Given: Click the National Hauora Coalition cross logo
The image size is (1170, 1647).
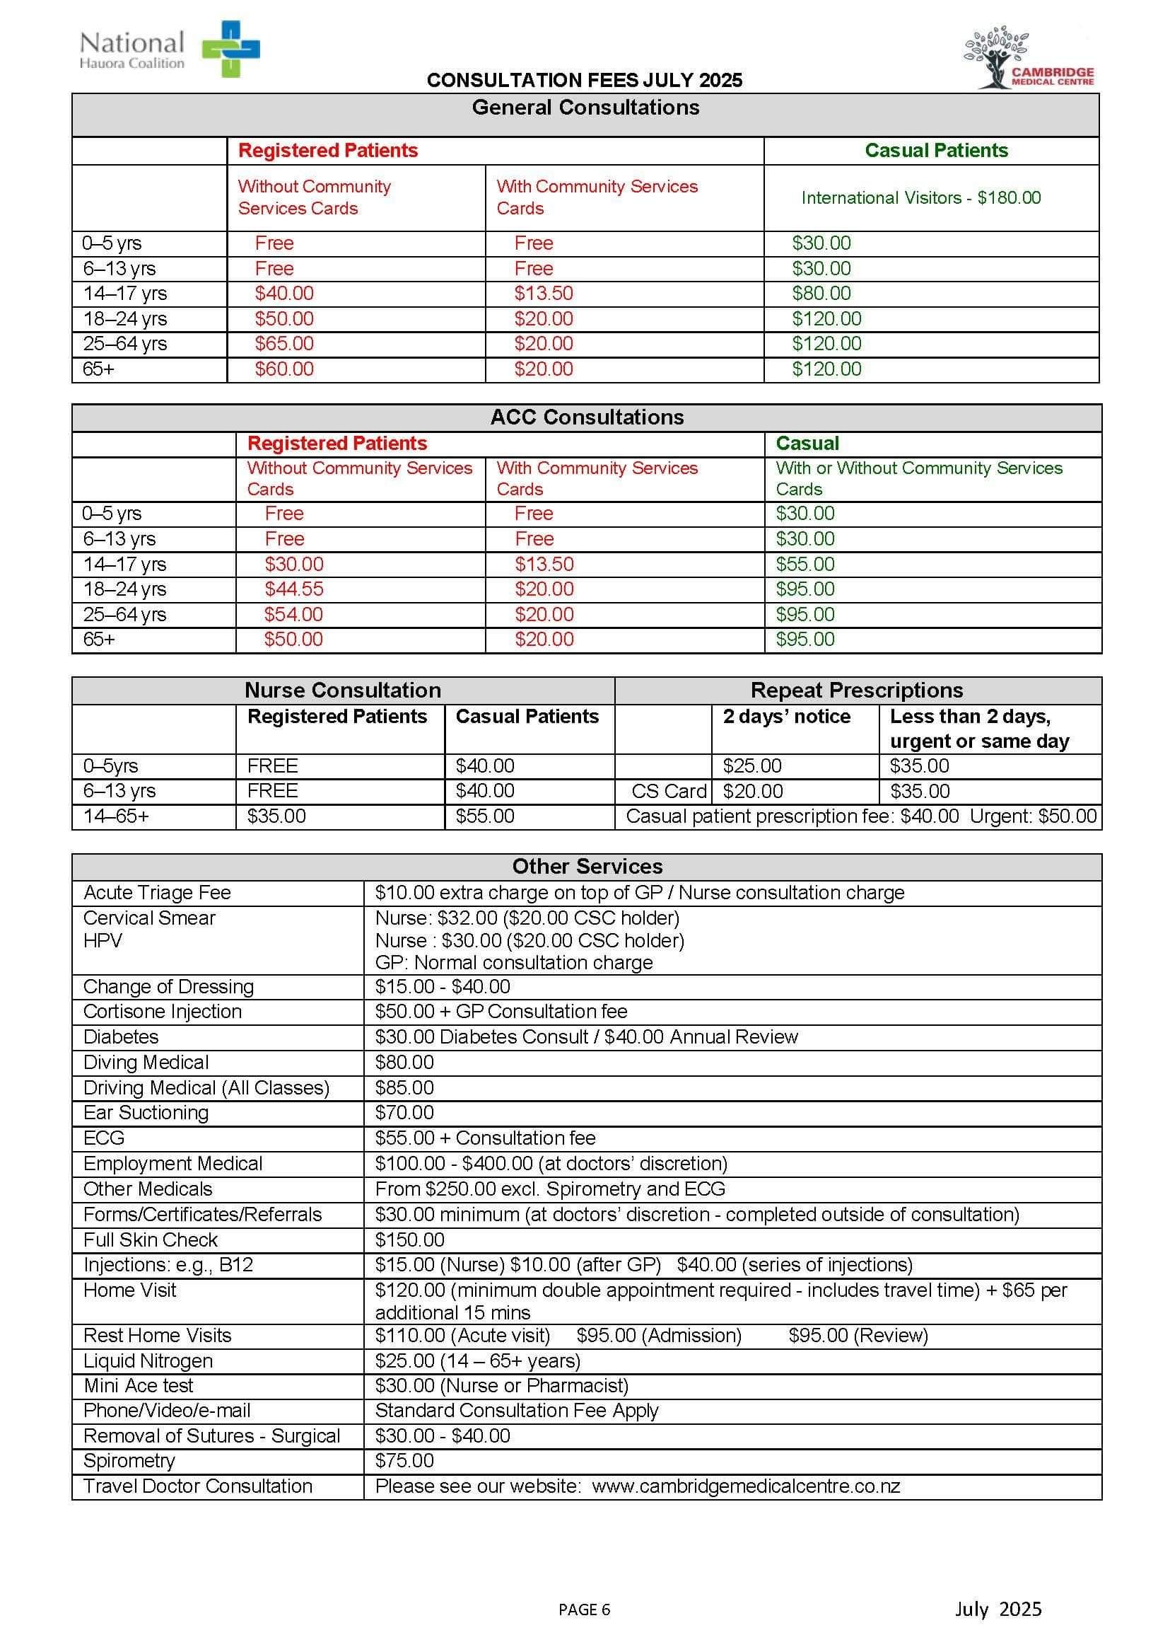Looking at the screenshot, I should [x=230, y=48].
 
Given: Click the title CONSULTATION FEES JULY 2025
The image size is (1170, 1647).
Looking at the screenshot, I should [x=584, y=80].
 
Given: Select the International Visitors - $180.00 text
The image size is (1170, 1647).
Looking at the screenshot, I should [x=920, y=197].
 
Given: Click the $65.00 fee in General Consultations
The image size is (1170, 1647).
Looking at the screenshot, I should [x=284, y=343].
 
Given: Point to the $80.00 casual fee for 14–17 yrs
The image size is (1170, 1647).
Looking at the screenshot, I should [x=821, y=294].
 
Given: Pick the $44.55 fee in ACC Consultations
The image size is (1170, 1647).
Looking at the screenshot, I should [x=294, y=589].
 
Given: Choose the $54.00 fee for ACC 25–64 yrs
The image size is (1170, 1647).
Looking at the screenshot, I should [x=293, y=614].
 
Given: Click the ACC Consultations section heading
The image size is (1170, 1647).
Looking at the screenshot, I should [x=587, y=417].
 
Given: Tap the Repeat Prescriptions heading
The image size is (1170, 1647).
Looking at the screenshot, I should [x=857, y=690].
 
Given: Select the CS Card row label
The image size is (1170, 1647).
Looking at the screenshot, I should [x=668, y=791].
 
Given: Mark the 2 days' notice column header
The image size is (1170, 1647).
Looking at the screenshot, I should [x=786, y=717].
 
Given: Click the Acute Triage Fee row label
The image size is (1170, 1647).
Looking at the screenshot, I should [x=157, y=892].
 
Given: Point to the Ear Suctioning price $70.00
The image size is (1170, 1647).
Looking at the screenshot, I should [x=404, y=1112].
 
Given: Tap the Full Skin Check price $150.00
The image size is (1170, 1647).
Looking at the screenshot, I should [x=409, y=1239].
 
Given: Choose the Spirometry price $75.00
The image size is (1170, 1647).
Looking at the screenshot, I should [x=404, y=1460].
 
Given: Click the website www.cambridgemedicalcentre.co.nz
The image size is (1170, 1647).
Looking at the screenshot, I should [x=746, y=1486].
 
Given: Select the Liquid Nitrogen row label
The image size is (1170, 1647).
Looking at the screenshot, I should [x=148, y=1360].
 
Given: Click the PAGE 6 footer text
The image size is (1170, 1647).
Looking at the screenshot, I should [x=584, y=1609].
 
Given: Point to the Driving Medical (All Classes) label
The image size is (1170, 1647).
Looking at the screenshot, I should [x=206, y=1087].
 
